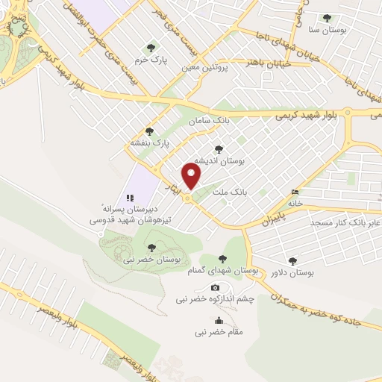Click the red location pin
coord(192,176)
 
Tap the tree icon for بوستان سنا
coord(326,18)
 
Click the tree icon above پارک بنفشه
coord(149,131)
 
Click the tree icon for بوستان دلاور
coord(292,260)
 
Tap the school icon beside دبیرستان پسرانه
coord(129,198)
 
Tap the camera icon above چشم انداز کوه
coord(216,288)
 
